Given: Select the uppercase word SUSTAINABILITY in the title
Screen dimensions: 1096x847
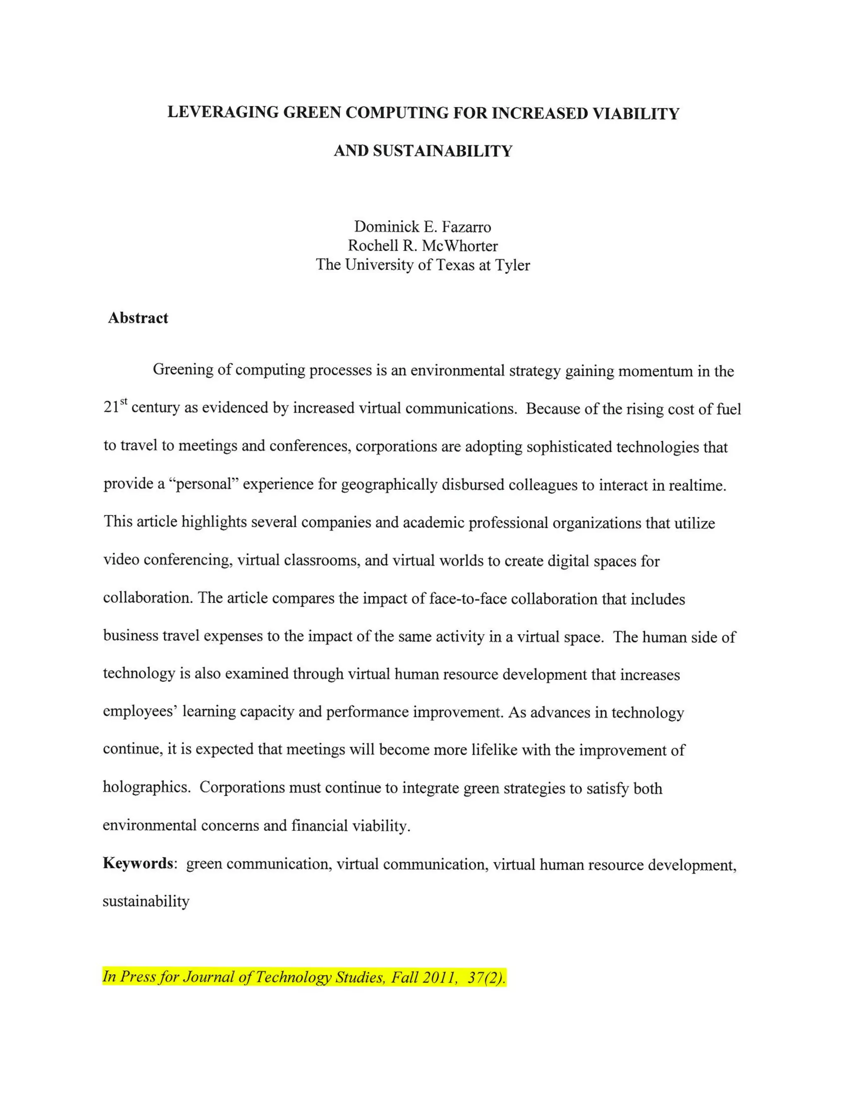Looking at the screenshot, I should point(443,151).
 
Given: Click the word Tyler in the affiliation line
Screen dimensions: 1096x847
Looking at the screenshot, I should point(512,265).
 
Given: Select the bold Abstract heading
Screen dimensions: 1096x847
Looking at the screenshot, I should point(138,318).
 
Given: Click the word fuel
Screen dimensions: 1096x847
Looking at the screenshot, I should point(729,409).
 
